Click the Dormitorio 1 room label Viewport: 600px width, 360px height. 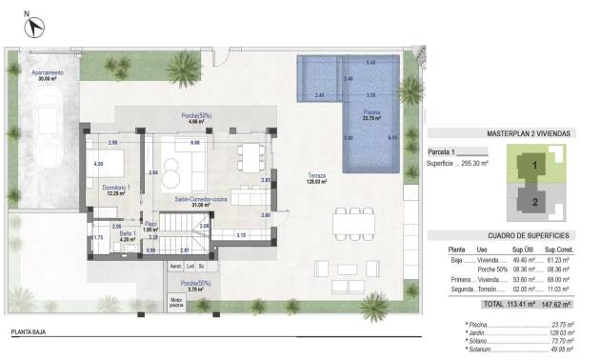coord(116,189)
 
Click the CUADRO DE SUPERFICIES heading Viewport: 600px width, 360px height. coord(513,234)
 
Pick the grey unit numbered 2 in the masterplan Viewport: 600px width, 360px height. coord(534,201)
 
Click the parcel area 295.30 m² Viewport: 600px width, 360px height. coord(470,164)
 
